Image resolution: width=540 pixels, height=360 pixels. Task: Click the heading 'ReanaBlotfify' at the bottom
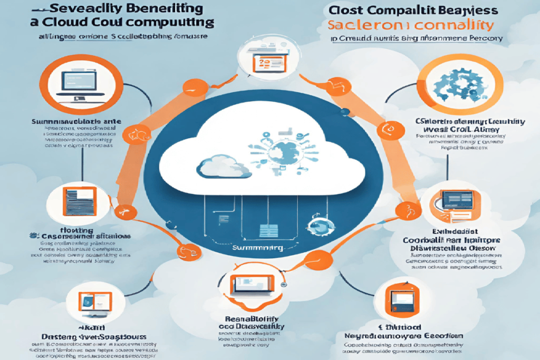click(252, 318)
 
